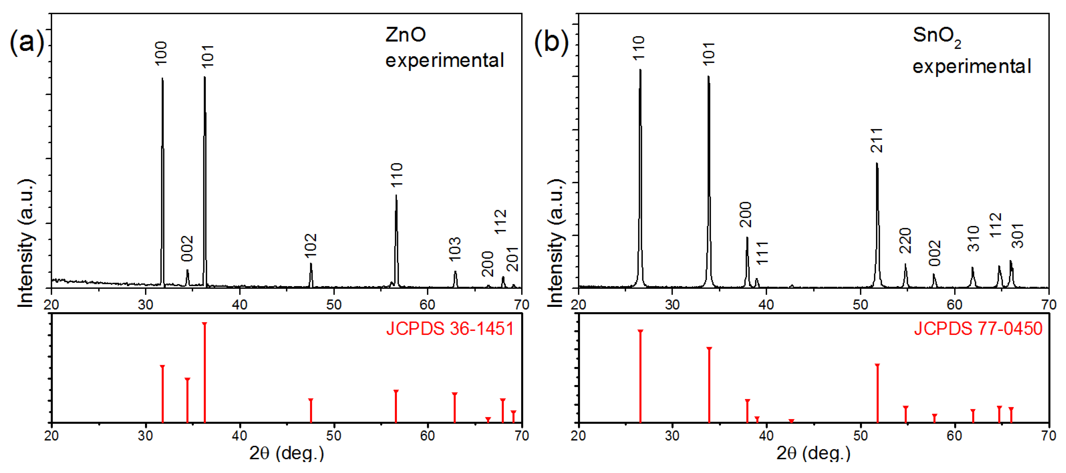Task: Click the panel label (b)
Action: [551, 42]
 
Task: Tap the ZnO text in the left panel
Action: [405, 35]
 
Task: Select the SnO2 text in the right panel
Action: [936, 36]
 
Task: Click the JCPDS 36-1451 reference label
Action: [450, 329]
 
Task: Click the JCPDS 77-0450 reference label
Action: [978, 329]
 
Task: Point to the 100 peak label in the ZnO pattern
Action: [161, 53]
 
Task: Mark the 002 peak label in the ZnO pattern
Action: [187, 248]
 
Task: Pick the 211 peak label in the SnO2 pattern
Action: [877, 140]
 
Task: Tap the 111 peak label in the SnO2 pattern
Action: [762, 253]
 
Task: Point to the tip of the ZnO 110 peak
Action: [396, 195]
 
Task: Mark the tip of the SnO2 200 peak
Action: [747, 238]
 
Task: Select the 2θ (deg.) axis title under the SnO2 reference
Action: [813, 453]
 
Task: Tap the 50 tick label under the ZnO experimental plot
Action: [334, 305]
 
